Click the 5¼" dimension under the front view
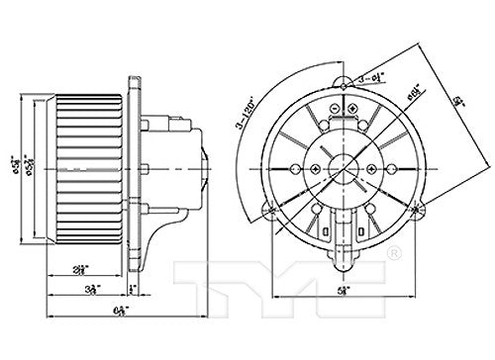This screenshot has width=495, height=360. (342, 289)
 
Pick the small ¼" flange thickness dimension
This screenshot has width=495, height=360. (132, 290)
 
